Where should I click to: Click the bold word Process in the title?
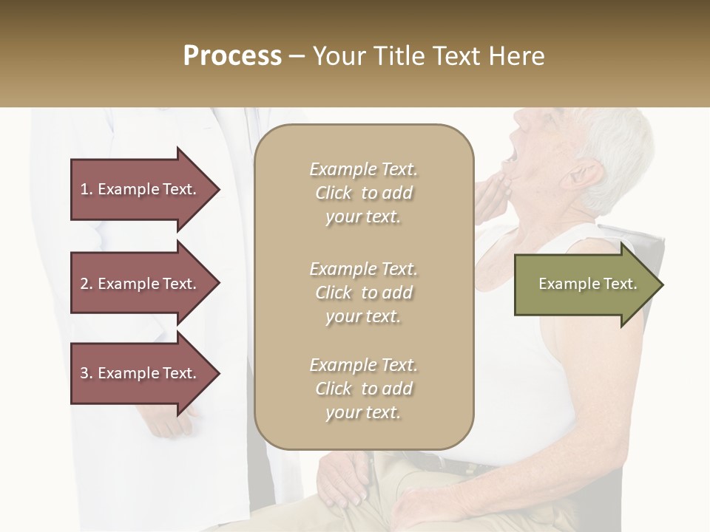(232, 55)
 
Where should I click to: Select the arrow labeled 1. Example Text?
(141, 189)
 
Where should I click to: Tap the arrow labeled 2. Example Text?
(141, 284)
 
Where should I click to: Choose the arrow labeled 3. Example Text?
(141, 373)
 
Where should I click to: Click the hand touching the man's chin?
(492, 194)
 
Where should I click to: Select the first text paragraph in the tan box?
(363, 193)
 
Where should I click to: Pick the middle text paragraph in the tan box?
(363, 293)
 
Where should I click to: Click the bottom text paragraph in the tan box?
(363, 389)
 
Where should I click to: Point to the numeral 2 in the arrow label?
(84, 284)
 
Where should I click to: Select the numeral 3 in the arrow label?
(84, 373)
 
